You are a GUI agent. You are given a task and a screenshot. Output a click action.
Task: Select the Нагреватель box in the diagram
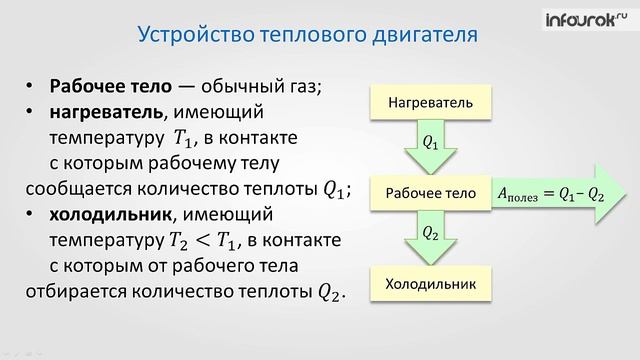(x=431, y=101)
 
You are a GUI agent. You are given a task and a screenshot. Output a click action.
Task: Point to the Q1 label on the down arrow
(x=431, y=144)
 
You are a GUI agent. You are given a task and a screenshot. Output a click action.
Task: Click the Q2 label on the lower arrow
(x=431, y=234)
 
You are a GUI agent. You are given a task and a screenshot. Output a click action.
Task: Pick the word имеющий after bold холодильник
(x=209, y=215)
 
